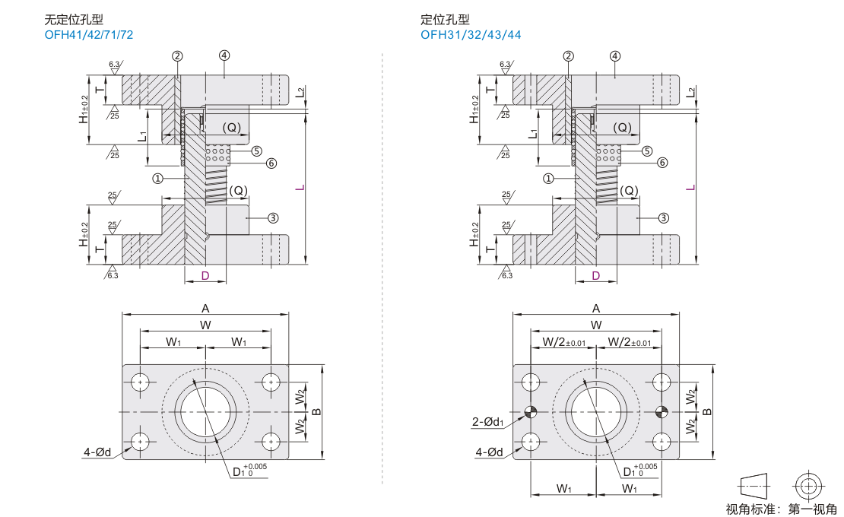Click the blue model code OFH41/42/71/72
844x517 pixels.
tap(89, 35)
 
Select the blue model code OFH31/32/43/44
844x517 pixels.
tap(471, 35)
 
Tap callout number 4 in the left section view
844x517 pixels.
tap(224, 56)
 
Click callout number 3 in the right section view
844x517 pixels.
tap(663, 218)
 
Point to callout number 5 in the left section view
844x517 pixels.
tap(256, 151)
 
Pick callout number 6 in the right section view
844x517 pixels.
tap(662, 163)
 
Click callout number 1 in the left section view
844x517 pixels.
tap(157, 178)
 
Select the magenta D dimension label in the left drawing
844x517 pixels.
tap(205, 276)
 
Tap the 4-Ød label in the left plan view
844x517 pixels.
tap(97, 452)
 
